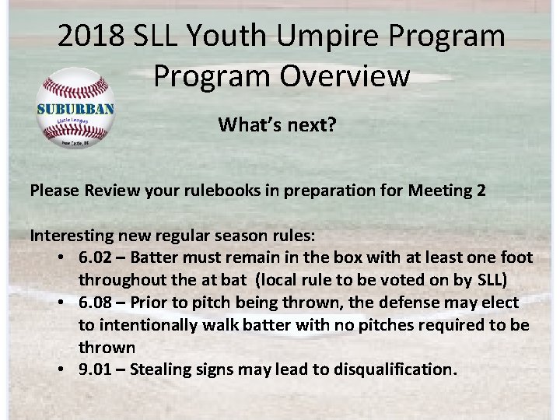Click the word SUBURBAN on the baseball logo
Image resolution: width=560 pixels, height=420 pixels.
75,109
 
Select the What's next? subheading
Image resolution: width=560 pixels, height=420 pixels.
277,124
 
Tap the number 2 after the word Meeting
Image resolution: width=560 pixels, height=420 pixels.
481,190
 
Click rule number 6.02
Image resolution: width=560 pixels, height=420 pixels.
99,257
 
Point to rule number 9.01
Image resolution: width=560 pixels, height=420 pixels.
99,369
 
